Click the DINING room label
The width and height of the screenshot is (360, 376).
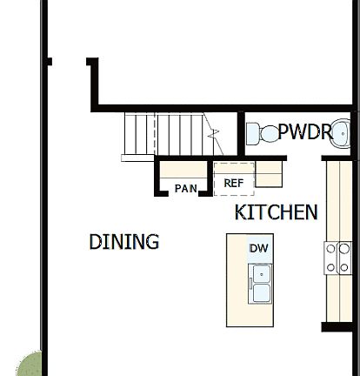(x=124, y=242)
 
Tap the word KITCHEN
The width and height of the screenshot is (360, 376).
(x=276, y=212)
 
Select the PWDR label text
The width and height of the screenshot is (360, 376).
(x=304, y=132)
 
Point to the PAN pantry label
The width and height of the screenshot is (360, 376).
(x=185, y=188)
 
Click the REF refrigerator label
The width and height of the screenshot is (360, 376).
(x=233, y=184)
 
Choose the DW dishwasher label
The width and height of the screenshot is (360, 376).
(x=258, y=248)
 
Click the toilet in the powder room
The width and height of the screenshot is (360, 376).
(x=263, y=133)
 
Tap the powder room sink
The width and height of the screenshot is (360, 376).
(x=343, y=133)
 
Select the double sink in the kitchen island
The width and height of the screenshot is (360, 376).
(x=259, y=284)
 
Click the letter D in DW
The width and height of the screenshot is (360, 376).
(x=254, y=248)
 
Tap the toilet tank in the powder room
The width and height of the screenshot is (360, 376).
(x=251, y=133)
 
